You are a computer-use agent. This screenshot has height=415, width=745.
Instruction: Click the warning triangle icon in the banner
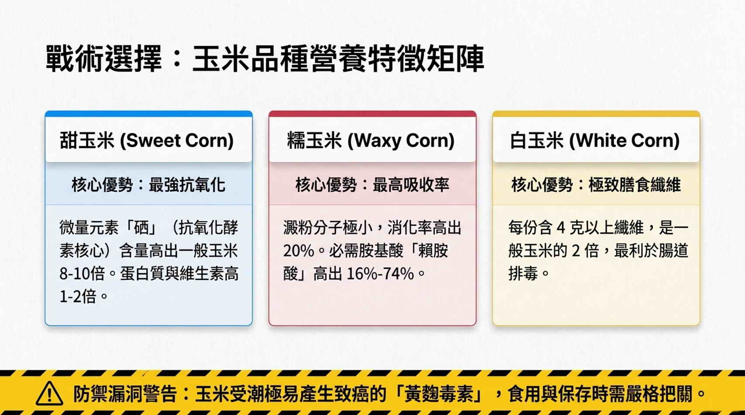coord(49,394)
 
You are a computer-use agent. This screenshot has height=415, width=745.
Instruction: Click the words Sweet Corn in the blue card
coord(177,140)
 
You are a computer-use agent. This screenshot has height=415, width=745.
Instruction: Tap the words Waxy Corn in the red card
coord(401,140)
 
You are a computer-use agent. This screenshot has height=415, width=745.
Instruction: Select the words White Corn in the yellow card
coord(624,140)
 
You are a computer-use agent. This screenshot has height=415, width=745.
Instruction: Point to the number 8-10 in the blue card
coord(75,274)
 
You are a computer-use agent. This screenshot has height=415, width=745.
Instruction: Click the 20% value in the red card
coord(299,251)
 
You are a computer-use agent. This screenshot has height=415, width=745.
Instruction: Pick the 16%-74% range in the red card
coord(380,274)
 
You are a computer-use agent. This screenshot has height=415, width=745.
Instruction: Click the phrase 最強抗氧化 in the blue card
coord(187,185)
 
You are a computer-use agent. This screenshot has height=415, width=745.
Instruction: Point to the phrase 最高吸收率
coord(411,185)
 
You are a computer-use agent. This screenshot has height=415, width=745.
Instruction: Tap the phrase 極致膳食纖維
coord(635,185)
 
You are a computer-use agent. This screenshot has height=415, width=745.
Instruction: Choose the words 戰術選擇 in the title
coord(104,58)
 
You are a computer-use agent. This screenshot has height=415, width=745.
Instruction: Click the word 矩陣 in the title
coord(456,58)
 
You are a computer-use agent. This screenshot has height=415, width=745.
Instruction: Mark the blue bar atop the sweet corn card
coord(149,114)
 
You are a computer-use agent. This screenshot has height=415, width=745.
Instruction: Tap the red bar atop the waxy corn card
coord(373,114)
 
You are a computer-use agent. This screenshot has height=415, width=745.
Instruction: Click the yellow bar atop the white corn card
coord(596,114)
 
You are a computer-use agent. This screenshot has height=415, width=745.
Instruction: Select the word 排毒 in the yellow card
coord(523,274)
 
